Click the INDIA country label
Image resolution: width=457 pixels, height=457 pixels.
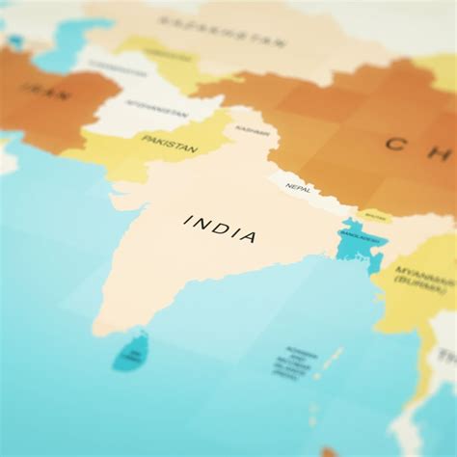click(221, 228)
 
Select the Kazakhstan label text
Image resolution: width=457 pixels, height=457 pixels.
click(222, 31)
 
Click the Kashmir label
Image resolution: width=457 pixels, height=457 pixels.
click(253, 130)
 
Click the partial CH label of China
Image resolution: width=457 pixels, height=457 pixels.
click(415, 146)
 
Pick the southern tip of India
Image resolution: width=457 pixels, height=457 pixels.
click(99, 331)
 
